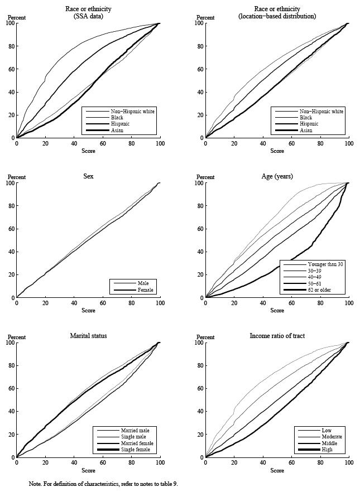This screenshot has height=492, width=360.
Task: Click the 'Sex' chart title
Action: pyautogui.click(x=88, y=176)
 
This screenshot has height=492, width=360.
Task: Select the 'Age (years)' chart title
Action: pyautogui.click(x=277, y=176)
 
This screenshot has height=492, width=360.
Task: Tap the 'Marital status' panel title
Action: pyautogui.click(x=88, y=336)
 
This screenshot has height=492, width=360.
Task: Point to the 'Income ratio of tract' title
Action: pyautogui.click(x=277, y=336)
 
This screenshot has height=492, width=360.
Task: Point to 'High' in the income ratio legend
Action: pyautogui.click(x=327, y=450)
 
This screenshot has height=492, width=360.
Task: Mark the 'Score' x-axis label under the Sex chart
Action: pyautogui.click(x=88, y=310)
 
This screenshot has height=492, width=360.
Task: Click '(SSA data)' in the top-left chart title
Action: pyautogui.click(x=88, y=16)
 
